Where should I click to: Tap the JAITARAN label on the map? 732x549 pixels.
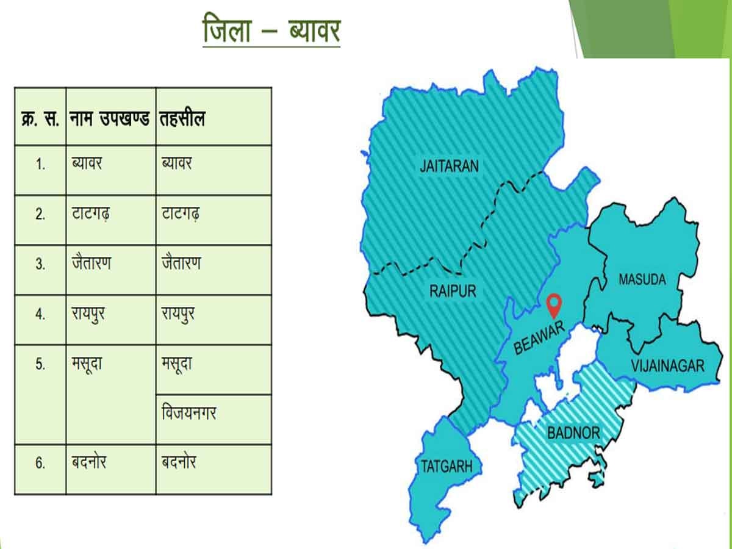tap(450, 166)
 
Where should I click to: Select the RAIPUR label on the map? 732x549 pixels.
tap(453, 290)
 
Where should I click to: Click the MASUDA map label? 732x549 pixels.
tap(642, 280)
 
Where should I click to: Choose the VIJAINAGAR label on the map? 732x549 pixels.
tap(667, 366)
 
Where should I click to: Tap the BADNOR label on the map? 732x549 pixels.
tap(573, 434)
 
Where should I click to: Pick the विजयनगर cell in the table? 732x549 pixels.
tap(188, 413)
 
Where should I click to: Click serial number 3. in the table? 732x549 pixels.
tap(40, 265)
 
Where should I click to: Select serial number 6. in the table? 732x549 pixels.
tap(40, 464)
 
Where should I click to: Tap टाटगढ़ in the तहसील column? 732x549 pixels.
tap(181, 215)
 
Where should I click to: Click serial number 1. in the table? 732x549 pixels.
tap(40, 165)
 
